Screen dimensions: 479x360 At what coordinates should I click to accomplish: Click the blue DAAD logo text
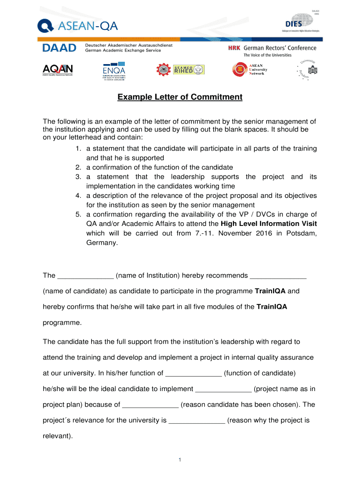tap(59, 48)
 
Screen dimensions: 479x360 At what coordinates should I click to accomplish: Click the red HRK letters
tap(234, 48)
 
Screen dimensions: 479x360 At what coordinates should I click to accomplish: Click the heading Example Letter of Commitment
tap(180, 97)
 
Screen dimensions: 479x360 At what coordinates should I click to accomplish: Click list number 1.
tap(78, 148)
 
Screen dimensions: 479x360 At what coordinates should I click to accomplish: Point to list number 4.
tap(78, 195)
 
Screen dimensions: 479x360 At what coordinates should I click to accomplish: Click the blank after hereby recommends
tap(278, 276)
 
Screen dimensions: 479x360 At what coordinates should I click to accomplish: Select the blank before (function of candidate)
tap(194, 373)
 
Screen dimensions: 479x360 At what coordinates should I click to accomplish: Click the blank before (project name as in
tap(223, 389)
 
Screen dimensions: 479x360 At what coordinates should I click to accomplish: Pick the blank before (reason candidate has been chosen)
tap(150, 405)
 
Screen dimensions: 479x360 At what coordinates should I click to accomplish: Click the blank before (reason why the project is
tap(197, 420)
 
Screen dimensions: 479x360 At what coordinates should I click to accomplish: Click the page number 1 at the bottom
tap(180, 460)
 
